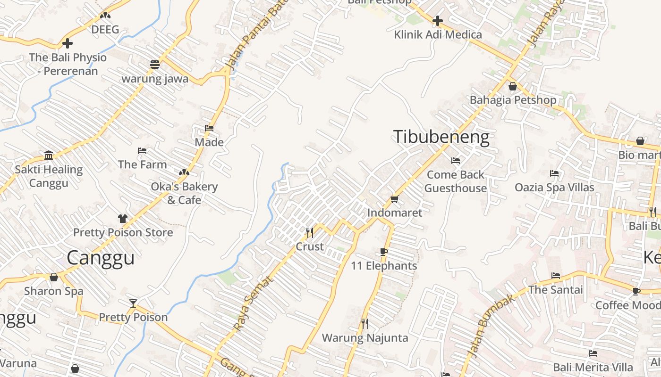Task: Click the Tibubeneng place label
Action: click(441, 137)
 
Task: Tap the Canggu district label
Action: click(101, 258)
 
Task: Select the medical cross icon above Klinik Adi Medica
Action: click(438, 21)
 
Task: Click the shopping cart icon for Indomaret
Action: click(395, 199)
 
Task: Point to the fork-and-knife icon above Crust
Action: click(310, 232)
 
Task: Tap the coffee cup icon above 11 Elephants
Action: click(384, 252)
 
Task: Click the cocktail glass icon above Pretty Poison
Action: click(133, 303)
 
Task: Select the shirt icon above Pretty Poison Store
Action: click(123, 218)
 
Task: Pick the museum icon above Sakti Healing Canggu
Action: click(49, 155)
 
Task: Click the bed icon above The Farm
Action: click(142, 151)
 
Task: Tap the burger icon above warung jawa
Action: click(155, 64)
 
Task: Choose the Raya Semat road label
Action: click(254, 303)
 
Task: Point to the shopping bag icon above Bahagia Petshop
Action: click(513, 86)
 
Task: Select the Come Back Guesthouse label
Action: click(456, 181)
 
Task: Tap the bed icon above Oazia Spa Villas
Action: click(554, 173)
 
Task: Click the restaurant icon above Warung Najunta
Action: click(364, 323)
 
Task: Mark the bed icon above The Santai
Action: click(556, 276)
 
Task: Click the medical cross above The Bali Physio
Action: click(68, 43)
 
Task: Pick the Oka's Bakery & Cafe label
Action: click(184, 193)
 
